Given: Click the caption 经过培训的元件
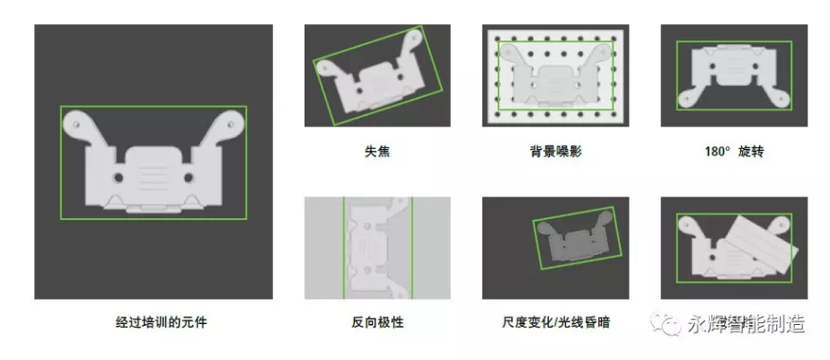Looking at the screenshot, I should pos(154,321).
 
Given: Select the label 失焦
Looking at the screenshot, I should pos(376,152).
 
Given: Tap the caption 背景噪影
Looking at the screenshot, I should pos(555,152).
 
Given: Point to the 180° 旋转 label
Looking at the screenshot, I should pos(733,152).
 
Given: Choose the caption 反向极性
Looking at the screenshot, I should pos(376,321).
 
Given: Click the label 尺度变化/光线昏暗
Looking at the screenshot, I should pos(555,321).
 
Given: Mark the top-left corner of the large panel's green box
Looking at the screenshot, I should pos(61,107).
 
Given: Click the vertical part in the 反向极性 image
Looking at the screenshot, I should pos(375,247).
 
